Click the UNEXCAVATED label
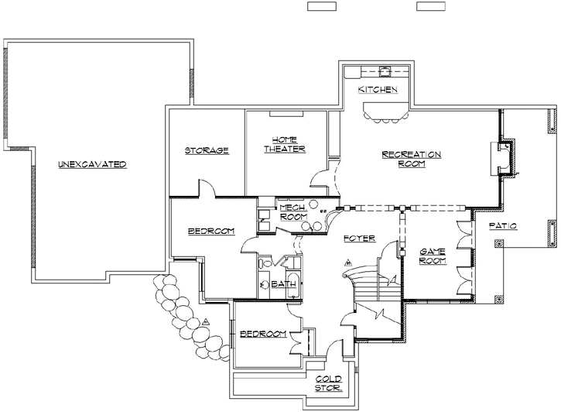pos(91,164)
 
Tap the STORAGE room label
pos(207,150)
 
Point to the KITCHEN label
pos(378,91)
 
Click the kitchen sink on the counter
pos(385,72)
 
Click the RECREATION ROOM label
pos(412,159)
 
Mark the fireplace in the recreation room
pos(505,159)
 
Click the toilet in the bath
pos(264,284)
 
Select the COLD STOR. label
pos(328,384)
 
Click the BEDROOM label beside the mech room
pos(210,232)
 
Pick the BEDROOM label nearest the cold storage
pos(263,334)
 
